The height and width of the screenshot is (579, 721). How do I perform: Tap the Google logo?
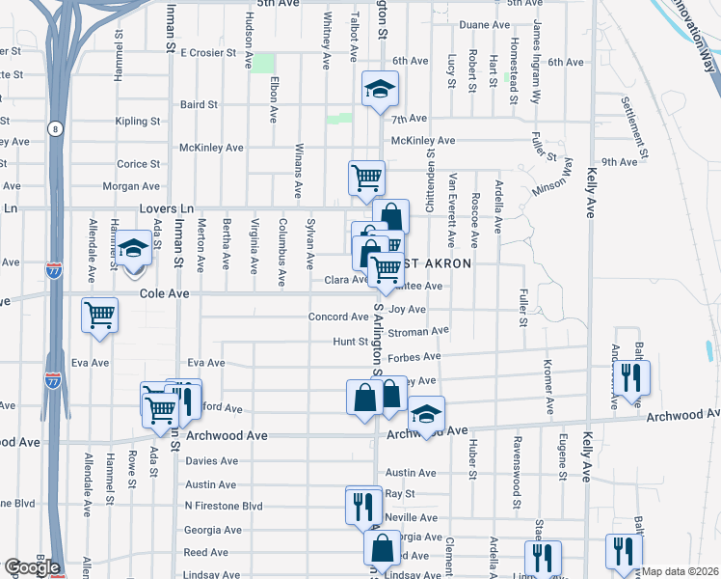click(33, 567)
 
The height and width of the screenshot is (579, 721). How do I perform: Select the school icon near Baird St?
click(380, 91)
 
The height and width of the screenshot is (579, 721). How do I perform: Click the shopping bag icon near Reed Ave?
click(383, 549)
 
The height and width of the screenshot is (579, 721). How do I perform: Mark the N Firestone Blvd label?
click(224, 506)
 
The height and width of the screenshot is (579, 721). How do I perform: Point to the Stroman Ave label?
click(421, 331)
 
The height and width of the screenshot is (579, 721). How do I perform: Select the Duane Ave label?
click(485, 24)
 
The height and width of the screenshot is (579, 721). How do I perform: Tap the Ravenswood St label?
click(518, 474)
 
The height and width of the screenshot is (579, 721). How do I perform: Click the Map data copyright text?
click(681, 571)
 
